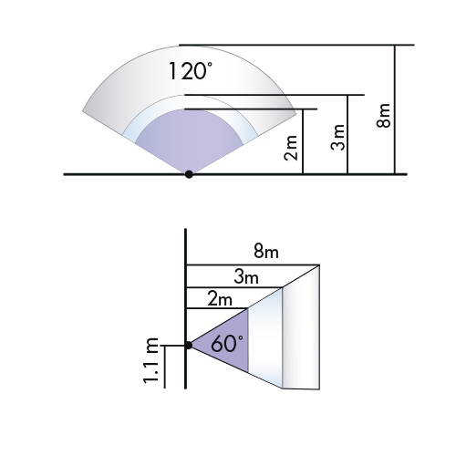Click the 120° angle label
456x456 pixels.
pyautogui.click(x=191, y=71)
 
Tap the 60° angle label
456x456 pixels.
pyautogui.click(x=227, y=344)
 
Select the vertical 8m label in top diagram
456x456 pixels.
pyautogui.click(x=383, y=116)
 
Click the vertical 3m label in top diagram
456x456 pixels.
pyautogui.click(x=338, y=138)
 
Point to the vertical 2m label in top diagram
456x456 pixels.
pyautogui.click(x=291, y=148)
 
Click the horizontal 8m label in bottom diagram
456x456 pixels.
pyautogui.click(x=266, y=252)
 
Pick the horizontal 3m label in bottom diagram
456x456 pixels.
pyautogui.click(x=246, y=277)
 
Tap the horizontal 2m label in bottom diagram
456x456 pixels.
pyautogui.click(x=220, y=298)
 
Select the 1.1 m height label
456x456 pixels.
pyautogui.click(x=150, y=360)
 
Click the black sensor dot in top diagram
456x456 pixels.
pyautogui.click(x=189, y=174)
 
